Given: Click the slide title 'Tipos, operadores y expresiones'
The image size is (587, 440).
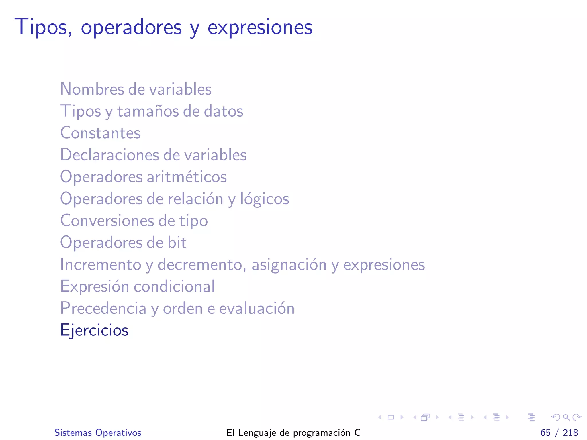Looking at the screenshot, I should tap(163, 27).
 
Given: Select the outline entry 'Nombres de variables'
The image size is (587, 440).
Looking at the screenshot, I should tap(136, 89).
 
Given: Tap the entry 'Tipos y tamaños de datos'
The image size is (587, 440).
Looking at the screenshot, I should tap(152, 111).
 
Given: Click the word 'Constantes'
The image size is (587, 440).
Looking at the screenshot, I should tap(100, 133).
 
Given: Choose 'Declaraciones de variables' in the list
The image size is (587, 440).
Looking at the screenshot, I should tap(153, 155).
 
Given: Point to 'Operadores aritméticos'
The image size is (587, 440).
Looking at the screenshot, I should tap(143, 177).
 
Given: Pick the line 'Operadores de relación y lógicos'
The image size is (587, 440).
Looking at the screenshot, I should tap(175, 199).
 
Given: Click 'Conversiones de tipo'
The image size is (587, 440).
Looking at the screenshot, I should tap(134, 221).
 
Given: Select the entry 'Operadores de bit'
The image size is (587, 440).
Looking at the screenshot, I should tap(123, 243).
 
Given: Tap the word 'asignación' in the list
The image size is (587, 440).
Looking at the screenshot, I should tap(289, 264).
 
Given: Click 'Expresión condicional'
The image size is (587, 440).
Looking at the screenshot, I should tap(137, 286).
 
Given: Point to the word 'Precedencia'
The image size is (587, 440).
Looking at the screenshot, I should tap(103, 308).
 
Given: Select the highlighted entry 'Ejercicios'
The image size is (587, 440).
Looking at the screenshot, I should tap(94, 330).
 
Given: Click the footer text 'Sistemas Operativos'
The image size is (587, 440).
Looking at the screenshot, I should tap(98, 433).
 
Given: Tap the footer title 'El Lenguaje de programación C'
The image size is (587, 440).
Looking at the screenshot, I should tap(293, 433).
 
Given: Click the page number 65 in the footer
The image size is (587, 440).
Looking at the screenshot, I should tap(545, 433).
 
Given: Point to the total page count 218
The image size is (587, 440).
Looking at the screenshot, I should tap(570, 433).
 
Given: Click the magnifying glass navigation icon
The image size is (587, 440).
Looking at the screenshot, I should tap(566, 417).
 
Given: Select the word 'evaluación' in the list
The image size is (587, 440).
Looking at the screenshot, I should tap(257, 308).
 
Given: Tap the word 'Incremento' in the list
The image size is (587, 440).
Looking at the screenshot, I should tap(101, 264).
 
